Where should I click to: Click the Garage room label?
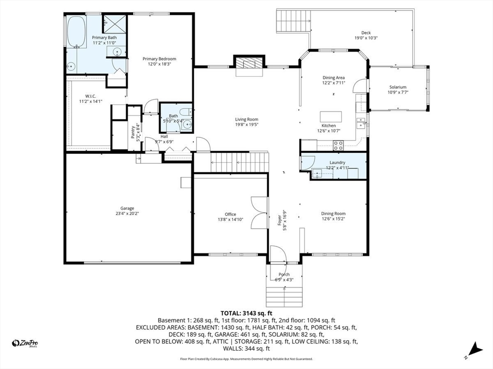pyautogui.click(x=127, y=208)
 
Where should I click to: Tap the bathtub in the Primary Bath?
pyautogui.click(x=77, y=32)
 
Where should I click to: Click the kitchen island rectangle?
pyautogui.click(x=331, y=117)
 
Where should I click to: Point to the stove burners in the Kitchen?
pyautogui.click(x=338, y=145)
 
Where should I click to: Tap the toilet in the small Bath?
pyautogui.click(x=185, y=111)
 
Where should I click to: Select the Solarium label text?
pyautogui.click(x=398, y=87)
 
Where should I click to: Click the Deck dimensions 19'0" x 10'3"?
pyautogui.click(x=366, y=37)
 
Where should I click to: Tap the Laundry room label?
pyautogui.click(x=337, y=162)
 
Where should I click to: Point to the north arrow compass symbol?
pyautogui.click(x=475, y=350)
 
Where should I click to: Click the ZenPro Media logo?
pyautogui.click(x=25, y=344)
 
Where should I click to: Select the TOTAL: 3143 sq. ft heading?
pyautogui.click(x=246, y=313)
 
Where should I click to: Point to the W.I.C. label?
pyautogui.click(x=91, y=96)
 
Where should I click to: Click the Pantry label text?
pyautogui.click(x=133, y=132)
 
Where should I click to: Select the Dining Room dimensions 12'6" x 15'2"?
pyautogui.click(x=333, y=219)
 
